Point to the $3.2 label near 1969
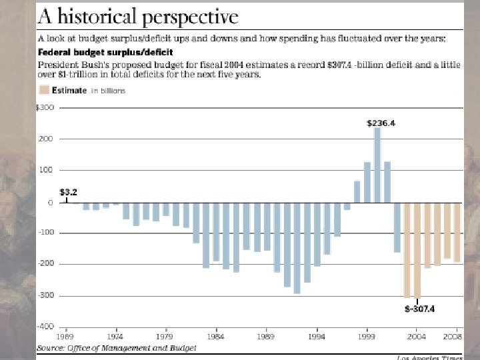[x=68, y=191]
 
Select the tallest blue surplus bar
[x=377, y=165]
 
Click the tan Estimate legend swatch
[x=43, y=91]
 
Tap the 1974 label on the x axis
[x=116, y=337]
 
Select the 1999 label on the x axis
[x=367, y=337]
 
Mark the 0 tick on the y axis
[x=49, y=202]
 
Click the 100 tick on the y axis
[x=46, y=170]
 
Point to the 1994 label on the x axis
[x=317, y=337]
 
